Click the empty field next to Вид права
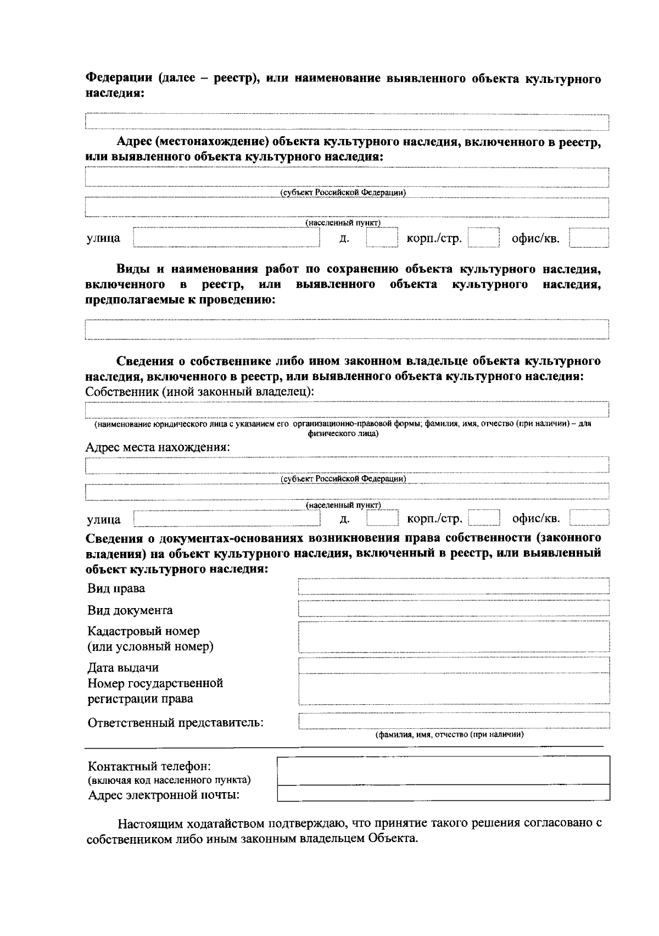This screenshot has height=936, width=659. click(454, 586)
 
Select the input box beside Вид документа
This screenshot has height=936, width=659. click(454, 608)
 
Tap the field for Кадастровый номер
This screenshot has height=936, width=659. click(454, 637)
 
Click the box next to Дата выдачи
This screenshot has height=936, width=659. click(454, 665)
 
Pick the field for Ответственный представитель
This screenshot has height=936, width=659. click(454, 720)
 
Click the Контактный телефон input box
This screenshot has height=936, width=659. click(444, 770)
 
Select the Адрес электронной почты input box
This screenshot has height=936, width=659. click(444, 793)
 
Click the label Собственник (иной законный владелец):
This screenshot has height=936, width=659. click(200, 392)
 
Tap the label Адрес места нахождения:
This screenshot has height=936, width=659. click(158, 447)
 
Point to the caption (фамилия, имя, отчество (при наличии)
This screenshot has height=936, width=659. click(449, 734)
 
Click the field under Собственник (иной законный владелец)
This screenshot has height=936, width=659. click(347, 410)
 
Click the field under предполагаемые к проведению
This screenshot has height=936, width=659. click(347, 329)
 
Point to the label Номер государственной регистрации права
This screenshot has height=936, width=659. click(155, 691)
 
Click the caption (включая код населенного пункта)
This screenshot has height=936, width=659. click(170, 780)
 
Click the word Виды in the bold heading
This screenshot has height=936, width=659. click(132, 269)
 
